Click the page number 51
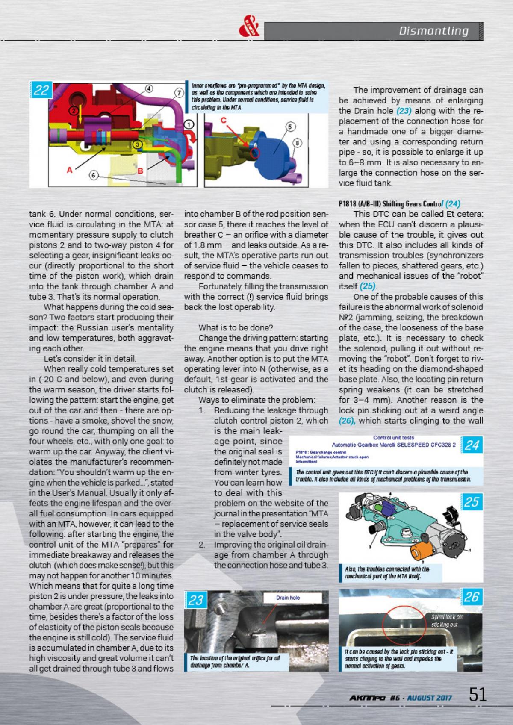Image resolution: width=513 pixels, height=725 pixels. (x=478, y=694)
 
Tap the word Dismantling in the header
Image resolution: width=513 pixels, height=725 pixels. (x=433, y=31)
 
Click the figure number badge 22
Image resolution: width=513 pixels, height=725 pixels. (x=41, y=91)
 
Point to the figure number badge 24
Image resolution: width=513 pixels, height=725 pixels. (x=472, y=445)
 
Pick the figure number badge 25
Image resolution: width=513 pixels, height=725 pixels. (x=471, y=502)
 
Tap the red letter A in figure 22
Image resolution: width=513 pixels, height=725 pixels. (x=69, y=170)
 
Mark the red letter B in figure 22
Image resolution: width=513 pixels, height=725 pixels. (x=139, y=170)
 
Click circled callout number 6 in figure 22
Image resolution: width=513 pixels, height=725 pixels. (x=94, y=175)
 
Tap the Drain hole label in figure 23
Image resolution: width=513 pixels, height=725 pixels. (x=289, y=598)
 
